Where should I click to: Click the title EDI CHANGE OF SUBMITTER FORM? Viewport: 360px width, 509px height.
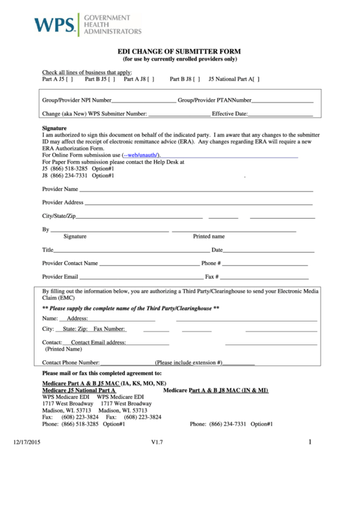[x=179, y=52]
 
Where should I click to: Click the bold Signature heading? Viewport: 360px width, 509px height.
[x=54, y=128]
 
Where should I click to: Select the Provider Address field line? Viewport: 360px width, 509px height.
[x=198, y=203]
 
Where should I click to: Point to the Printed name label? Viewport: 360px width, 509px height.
[x=209, y=236]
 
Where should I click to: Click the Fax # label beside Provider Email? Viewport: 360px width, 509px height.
[x=211, y=277]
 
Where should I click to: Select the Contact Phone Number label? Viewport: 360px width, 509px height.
[x=71, y=363]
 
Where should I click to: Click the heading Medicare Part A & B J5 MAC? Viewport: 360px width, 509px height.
[x=104, y=383]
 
